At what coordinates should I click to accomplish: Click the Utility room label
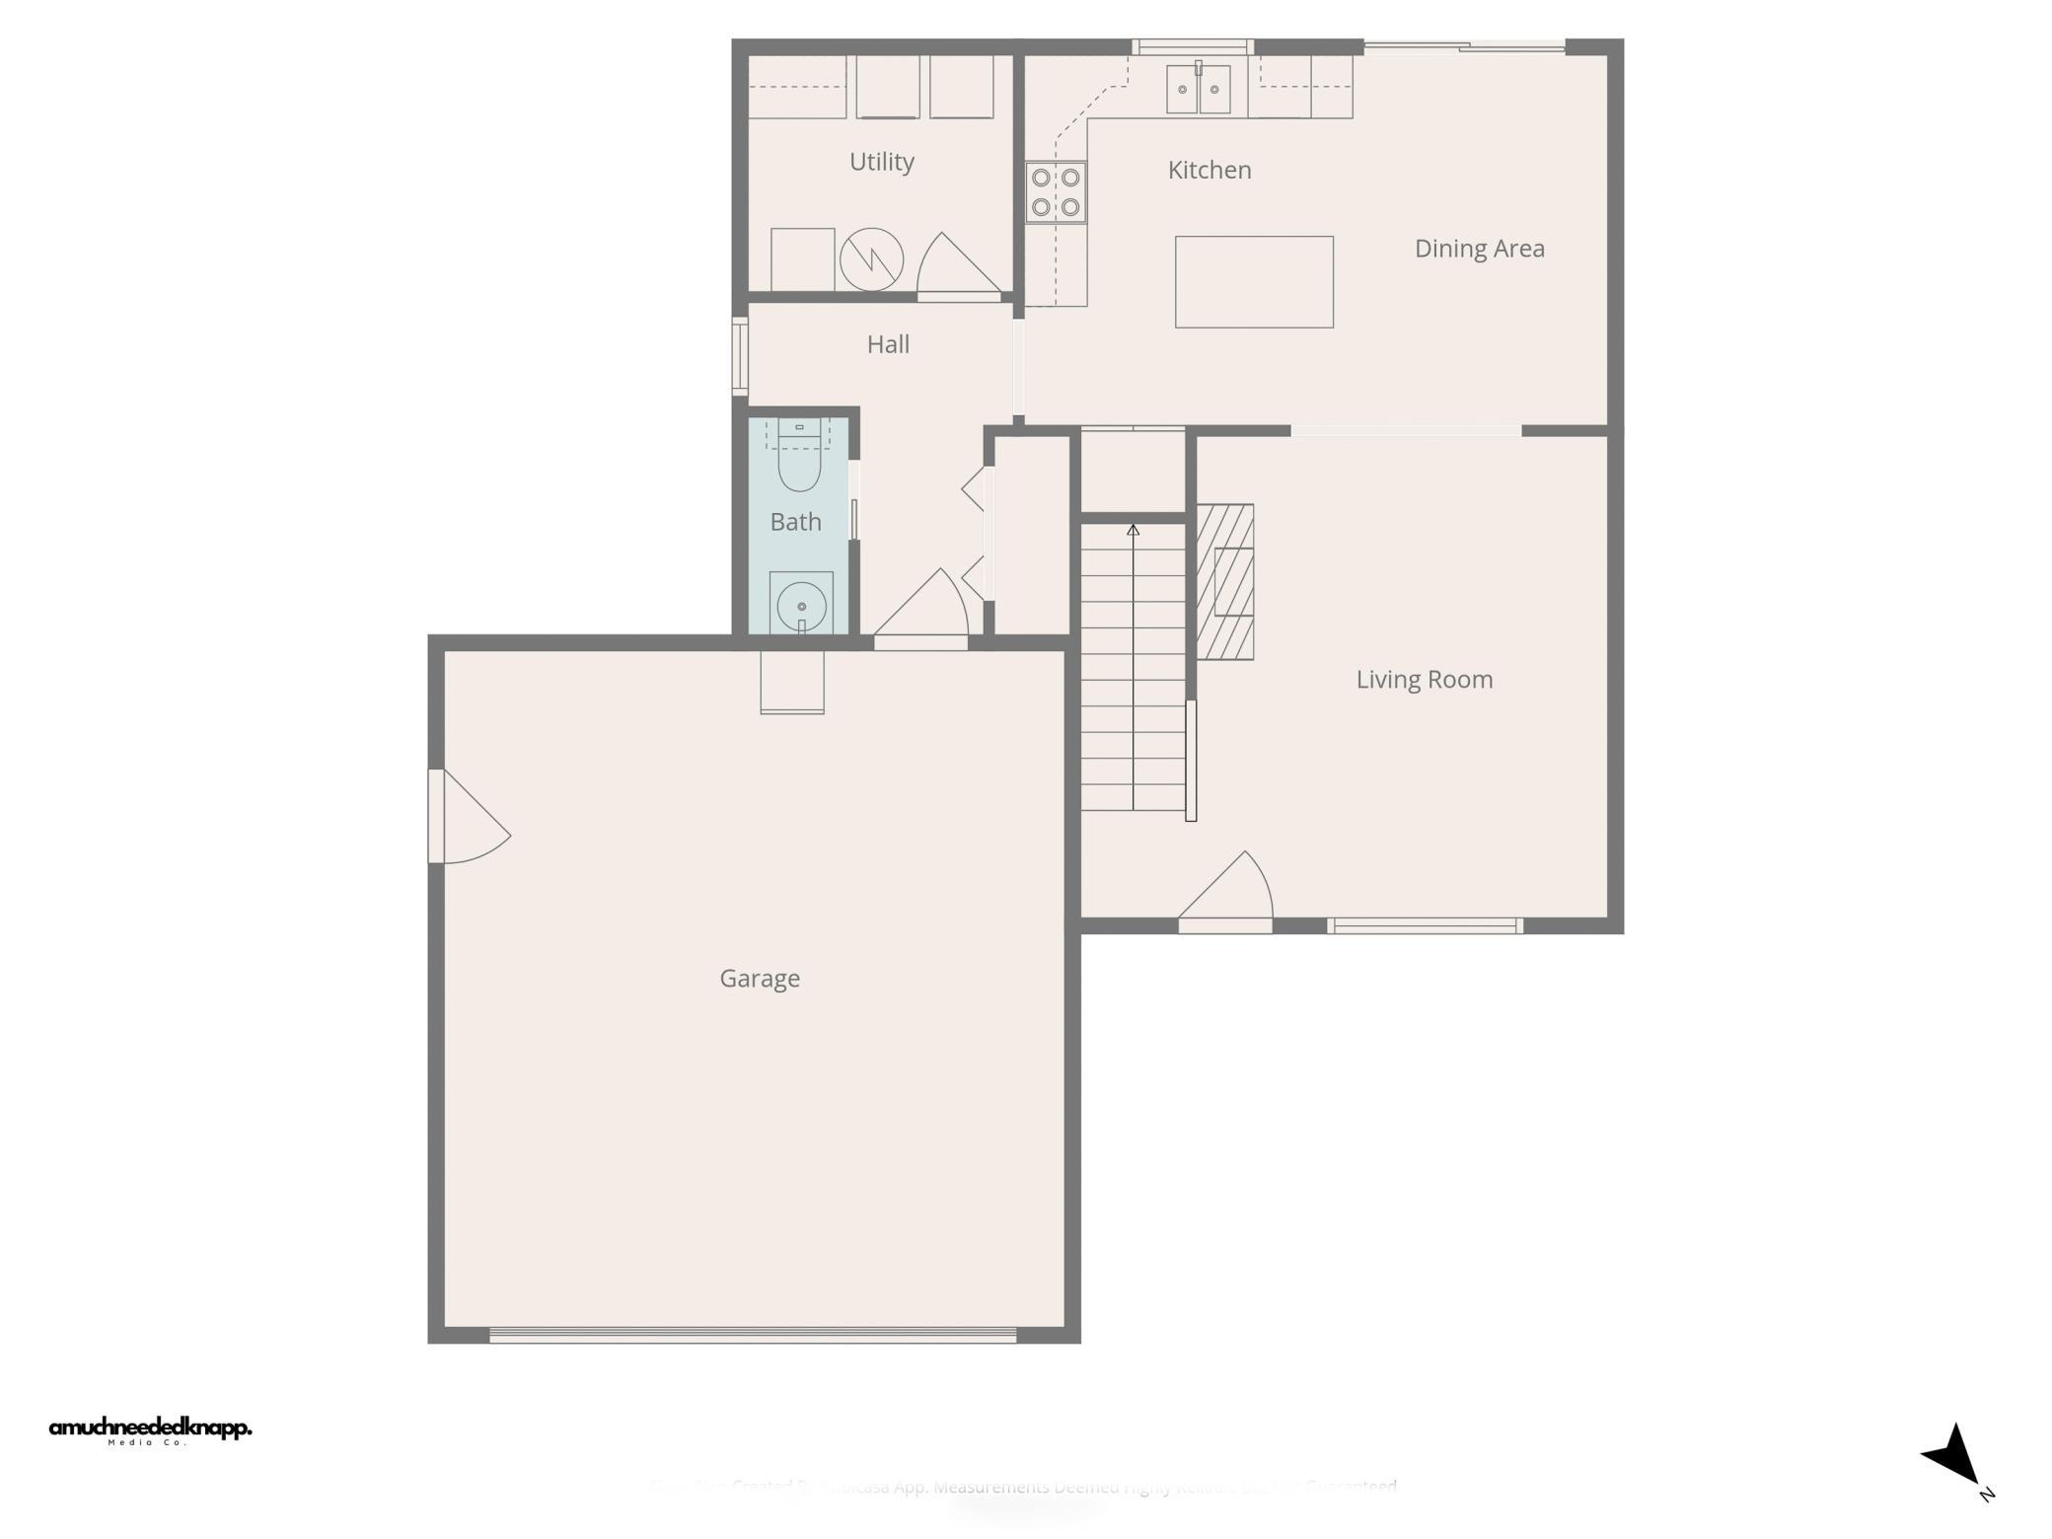click(x=881, y=162)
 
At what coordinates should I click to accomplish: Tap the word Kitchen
click(x=1209, y=170)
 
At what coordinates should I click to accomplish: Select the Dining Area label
click(x=1479, y=249)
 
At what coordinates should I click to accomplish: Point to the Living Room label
click(x=1424, y=679)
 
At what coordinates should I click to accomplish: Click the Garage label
click(x=759, y=978)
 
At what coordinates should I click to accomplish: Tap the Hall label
click(x=888, y=344)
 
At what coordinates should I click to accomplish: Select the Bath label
click(x=795, y=522)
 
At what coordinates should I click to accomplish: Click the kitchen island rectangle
click(x=1253, y=282)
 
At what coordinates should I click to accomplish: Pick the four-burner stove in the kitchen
click(x=1056, y=192)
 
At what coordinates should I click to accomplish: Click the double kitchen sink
click(x=1198, y=90)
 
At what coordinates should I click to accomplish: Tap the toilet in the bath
click(x=799, y=458)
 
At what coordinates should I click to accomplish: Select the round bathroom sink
click(x=801, y=606)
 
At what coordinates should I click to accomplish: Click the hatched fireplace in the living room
click(x=1225, y=582)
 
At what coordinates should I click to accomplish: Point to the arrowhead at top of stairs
click(x=1133, y=531)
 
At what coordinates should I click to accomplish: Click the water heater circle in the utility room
click(x=871, y=259)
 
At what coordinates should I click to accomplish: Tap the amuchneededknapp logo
click(x=150, y=1429)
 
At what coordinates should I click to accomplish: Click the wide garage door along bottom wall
click(x=752, y=1335)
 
